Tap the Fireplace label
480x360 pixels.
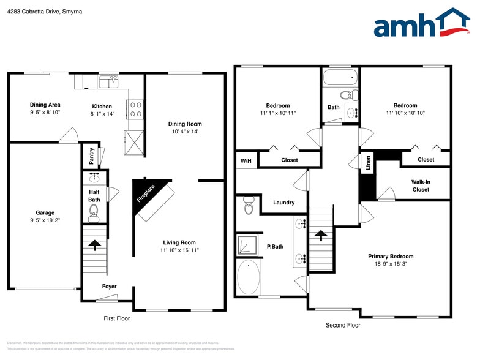click(x=146, y=194)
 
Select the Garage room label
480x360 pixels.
click(x=45, y=213)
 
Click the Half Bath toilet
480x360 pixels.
click(x=94, y=212)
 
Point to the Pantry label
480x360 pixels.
click(x=91, y=157)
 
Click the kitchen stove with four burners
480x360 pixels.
click(x=135, y=109)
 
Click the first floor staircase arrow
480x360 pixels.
click(x=95, y=246)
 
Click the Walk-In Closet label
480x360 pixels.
click(x=421, y=186)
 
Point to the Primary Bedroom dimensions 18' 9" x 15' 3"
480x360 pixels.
click(x=391, y=264)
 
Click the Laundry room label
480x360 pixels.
click(x=283, y=203)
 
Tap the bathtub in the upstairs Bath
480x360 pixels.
click(x=340, y=77)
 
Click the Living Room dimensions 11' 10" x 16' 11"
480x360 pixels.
click(x=179, y=250)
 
